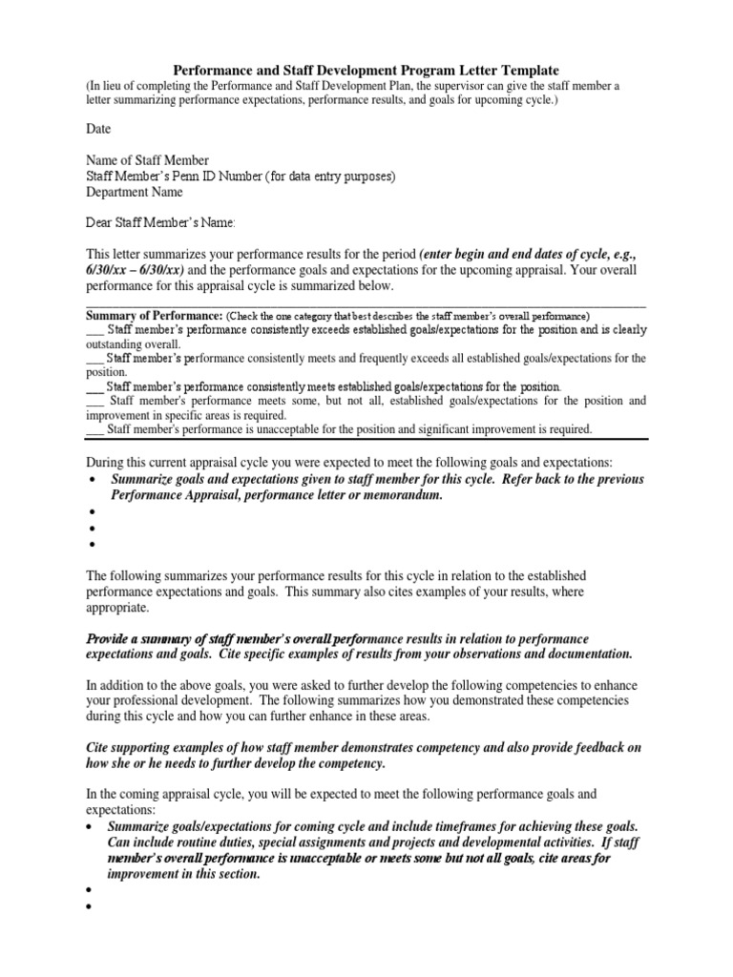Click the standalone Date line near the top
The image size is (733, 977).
pyautogui.click(x=99, y=129)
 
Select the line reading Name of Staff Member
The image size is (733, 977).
pyautogui.click(x=148, y=160)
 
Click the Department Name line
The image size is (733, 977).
pyautogui.click(x=136, y=193)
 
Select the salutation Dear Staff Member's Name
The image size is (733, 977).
pyautogui.click(x=160, y=223)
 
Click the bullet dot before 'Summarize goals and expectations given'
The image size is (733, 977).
pyautogui.click(x=92, y=480)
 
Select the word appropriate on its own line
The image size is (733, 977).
pyautogui.click(x=117, y=607)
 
